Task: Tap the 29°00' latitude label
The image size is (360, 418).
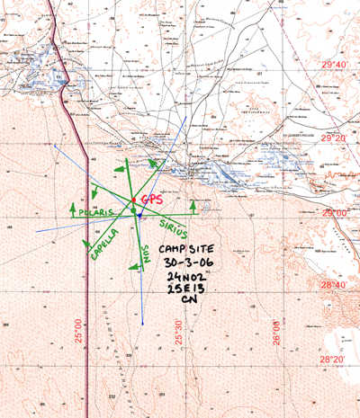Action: click(335, 212)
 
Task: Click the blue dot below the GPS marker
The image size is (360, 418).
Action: click(140, 215)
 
